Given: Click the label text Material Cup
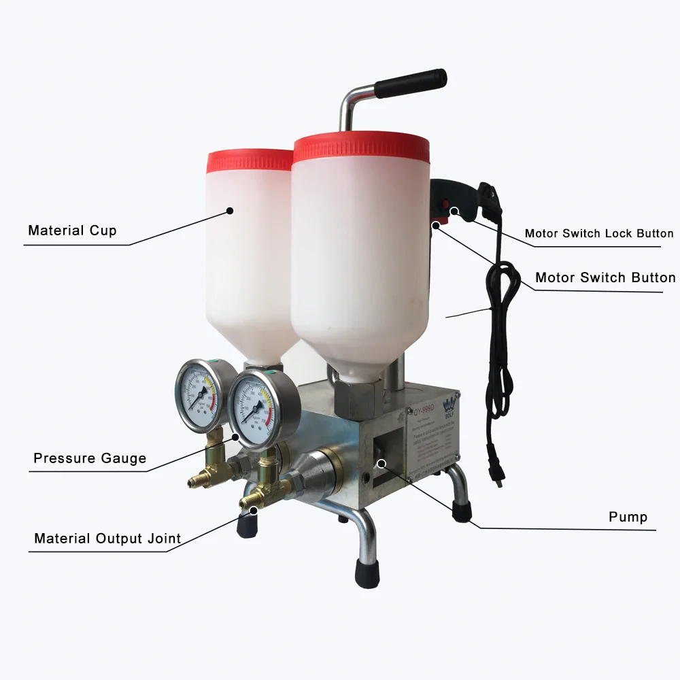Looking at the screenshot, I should click(x=72, y=231).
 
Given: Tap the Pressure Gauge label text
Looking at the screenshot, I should click(x=90, y=458).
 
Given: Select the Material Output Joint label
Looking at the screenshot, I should click(x=107, y=539).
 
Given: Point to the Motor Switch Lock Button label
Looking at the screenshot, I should click(x=598, y=234).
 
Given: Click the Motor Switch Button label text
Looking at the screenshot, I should click(x=605, y=277).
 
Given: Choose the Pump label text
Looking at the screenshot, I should click(x=628, y=517).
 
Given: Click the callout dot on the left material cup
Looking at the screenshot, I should click(x=231, y=210).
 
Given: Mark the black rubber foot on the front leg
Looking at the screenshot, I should click(x=368, y=574).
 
